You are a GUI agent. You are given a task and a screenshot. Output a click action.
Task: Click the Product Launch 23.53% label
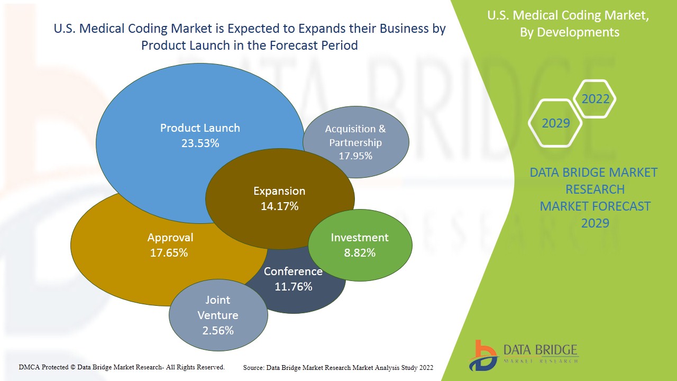point(200,135)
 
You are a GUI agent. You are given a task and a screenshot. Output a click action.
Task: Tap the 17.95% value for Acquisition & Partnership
point(355,156)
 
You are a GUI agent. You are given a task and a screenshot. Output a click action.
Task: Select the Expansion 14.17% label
point(279,198)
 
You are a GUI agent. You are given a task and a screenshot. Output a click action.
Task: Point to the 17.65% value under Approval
point(169,253)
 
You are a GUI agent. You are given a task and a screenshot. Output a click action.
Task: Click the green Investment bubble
point(360,244)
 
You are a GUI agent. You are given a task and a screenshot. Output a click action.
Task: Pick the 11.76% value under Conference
point(293,287)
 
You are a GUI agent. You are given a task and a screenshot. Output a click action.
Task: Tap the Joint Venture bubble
point(218,315)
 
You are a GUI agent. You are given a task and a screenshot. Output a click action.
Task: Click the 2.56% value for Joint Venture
point(217,331)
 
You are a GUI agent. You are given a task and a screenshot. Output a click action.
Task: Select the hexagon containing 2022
point(595,99)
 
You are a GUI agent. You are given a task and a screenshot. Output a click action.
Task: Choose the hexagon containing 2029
point(555,123)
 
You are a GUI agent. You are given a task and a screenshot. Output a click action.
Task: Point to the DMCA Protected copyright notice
point(122,367)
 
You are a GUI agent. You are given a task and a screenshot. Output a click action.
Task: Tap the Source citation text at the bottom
point(338,367)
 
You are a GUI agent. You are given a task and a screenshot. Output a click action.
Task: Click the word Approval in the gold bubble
point(170,238)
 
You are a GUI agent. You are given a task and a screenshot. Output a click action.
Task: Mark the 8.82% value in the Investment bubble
point(360,253)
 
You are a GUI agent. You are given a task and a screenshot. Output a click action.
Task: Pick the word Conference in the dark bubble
point(293,271)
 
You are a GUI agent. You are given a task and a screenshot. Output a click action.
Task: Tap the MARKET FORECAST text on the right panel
point(595,206)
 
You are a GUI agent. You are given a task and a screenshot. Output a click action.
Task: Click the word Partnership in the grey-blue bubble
point(355,142)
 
